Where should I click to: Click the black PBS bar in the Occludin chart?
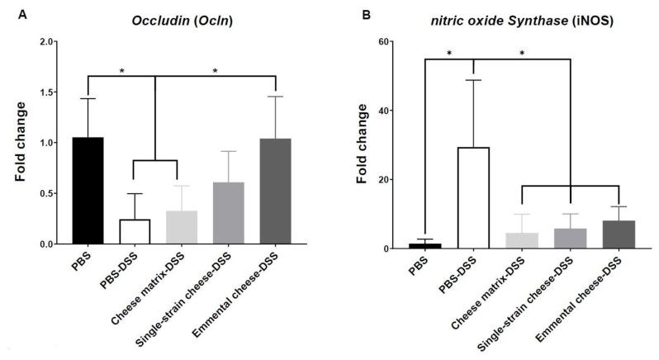(88, 191)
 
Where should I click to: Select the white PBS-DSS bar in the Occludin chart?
(135, 232)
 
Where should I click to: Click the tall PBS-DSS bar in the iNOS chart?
(474, 198)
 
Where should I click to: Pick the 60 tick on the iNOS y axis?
(408, 41)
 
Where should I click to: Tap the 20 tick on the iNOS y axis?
(408, 179)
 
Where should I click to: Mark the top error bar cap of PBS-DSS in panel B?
(474, 79)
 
